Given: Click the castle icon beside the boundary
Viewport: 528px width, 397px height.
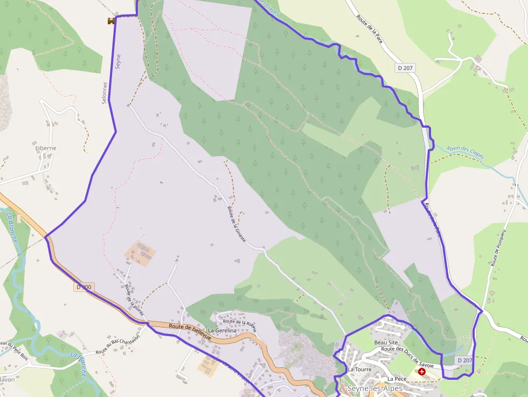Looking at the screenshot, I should [x=112, y=21].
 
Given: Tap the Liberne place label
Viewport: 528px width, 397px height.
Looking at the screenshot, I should [x=45, y=148].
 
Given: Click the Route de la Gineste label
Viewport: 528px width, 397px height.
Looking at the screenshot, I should [x=237, y=224].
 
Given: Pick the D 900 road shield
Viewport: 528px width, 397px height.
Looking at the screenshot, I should [x=85, y=287].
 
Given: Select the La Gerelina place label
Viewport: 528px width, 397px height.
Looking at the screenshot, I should [x=223, y=330].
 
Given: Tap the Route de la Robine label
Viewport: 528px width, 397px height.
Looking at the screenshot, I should [x=240, y=325].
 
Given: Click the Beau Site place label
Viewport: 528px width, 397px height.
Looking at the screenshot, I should [x=386, y=342].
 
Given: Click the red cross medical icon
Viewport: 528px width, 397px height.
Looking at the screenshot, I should [x=421, y=372].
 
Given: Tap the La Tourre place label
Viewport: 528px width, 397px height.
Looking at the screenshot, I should [x=359, y=370].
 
